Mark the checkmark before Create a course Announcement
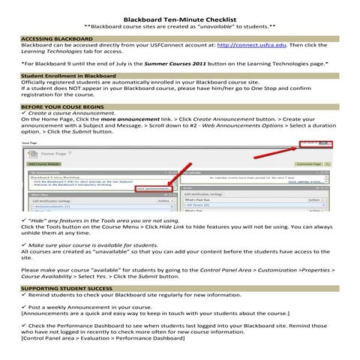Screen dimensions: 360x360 [x=24, y=113]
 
